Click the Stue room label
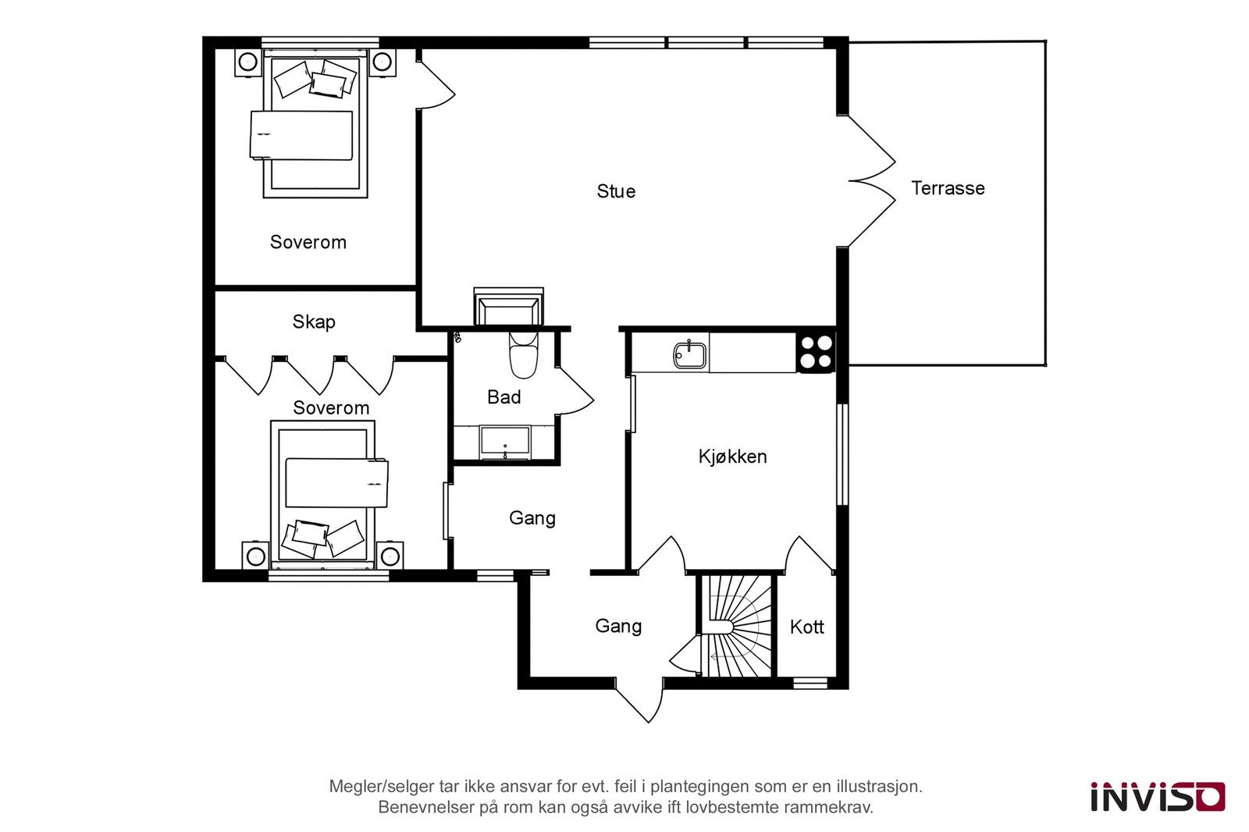616,191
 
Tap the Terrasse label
948,188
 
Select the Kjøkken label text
732,457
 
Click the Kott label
806,627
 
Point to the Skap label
314,322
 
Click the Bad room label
504,397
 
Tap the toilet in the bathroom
523,355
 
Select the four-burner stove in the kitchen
816,351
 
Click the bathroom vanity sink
505,443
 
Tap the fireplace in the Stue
508,308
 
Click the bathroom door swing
575,390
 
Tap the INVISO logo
1157,797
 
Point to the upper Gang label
532,518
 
